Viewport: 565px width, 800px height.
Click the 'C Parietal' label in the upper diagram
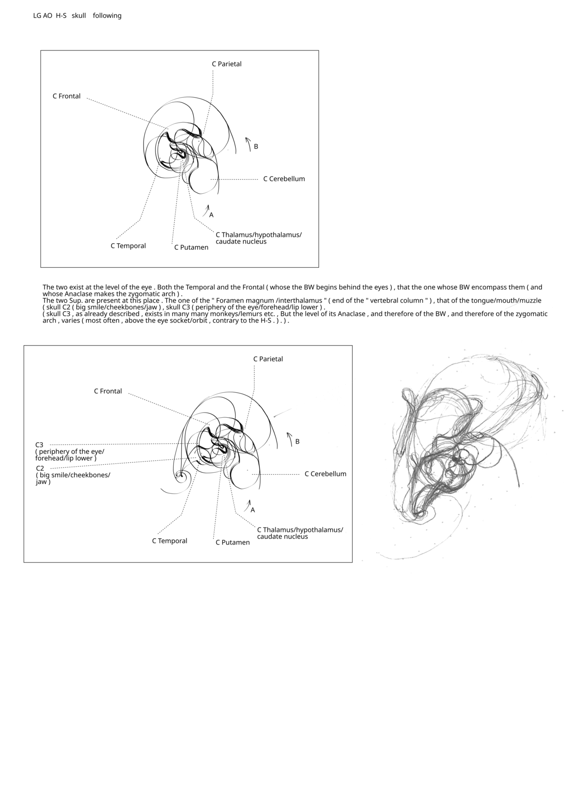[x=226, y=64]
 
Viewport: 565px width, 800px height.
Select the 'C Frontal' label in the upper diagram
[x=66, y=96]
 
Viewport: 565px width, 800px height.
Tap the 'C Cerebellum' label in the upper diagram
[x=284, y=179]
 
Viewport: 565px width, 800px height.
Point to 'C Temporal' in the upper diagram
[x=128, y=246]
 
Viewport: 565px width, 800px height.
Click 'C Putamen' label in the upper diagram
[x=191, y=247]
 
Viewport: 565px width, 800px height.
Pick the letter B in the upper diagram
[x=256, y=147]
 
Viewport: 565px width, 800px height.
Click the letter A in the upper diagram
[x=211, y=215]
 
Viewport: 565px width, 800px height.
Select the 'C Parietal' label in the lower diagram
[x=268, y=359]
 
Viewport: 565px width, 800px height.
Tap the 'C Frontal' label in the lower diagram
[x=108, y=391]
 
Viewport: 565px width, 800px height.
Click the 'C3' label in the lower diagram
[x=40, y=445]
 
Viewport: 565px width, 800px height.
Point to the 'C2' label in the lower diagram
[x=40, y=468]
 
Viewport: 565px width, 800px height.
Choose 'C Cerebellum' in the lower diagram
[x=325, y=474]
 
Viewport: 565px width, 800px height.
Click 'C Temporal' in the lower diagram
[x=169, y=541]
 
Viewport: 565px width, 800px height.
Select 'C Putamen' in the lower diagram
[x=233, y=543]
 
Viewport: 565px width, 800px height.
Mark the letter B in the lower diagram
[x=298, y=442]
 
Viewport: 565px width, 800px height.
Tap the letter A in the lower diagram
[x=253, y=510]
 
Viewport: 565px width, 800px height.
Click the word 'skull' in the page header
[x=79, y=16]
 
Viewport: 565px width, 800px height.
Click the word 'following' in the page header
[x=107, y=16]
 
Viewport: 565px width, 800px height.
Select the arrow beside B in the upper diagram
[x=248, y=144]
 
